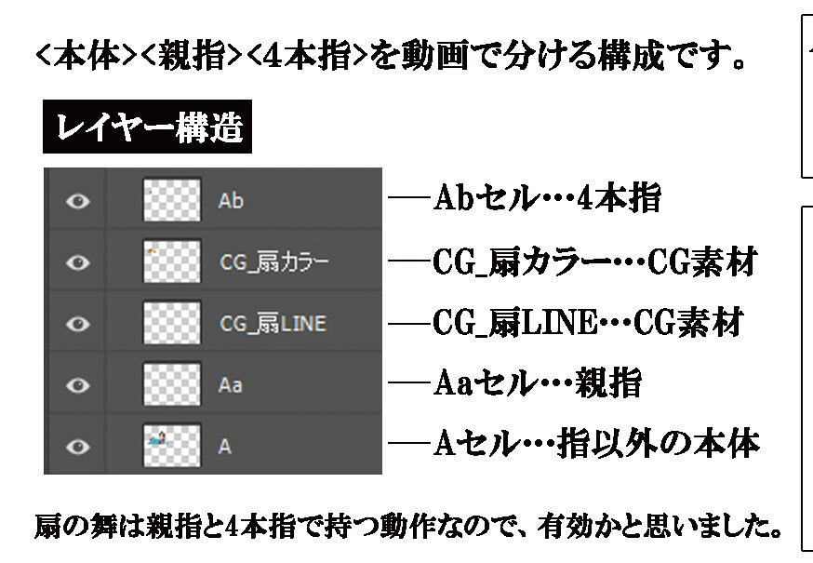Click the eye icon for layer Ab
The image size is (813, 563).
point(78,201)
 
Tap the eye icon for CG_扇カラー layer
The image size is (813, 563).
point(78,262)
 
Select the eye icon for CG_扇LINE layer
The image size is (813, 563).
point(78,324)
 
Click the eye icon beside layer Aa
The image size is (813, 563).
point(78,385)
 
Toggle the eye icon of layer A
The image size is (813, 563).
point(78,447)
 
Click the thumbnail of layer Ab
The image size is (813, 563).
point(171,200)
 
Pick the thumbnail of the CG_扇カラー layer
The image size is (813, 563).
point(171,261)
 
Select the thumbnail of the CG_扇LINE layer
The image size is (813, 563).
point(171,323)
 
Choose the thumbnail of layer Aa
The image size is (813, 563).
point(171,384)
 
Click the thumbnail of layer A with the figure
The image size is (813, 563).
point(171,445)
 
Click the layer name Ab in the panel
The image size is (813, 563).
point(231,201)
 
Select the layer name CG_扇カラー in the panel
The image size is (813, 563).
point(273,262)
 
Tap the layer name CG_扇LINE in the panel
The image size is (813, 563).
point(273,324)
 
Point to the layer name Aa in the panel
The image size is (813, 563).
point(230,385)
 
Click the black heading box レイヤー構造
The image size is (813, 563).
point(147,127)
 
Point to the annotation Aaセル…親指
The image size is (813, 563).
point(538,383)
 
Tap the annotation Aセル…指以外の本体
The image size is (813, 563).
point(596,444)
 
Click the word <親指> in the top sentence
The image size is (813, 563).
point(192,56)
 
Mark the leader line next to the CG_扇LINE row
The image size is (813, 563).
point(409,324)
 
